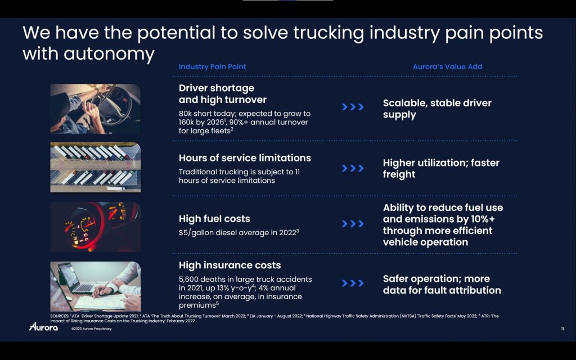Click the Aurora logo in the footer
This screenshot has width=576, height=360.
point(43,327)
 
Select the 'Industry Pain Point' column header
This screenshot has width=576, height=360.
point(212,67)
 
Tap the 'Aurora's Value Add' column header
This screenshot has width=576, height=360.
point(447,67)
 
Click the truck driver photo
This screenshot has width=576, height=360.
point(96,109)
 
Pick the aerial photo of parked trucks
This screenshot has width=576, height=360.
point(96,167)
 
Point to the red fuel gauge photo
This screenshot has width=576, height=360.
point(96,227)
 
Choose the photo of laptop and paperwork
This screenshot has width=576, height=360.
point(96,286)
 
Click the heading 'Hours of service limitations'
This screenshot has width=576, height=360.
point(245,158)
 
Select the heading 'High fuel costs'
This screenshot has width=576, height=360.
point(214,219)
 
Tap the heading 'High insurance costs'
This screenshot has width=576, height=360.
point(229,265)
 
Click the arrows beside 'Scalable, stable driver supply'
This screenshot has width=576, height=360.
point(353,107)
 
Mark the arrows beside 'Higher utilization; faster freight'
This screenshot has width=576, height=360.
point(353,168)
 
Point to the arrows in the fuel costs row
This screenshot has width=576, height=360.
point(353,224)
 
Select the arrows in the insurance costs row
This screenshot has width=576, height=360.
point(353,283)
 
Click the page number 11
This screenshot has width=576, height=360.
point(562,328)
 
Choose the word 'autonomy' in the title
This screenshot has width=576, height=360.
point(109,55)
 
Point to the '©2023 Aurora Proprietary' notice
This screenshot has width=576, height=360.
point(92,328)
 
